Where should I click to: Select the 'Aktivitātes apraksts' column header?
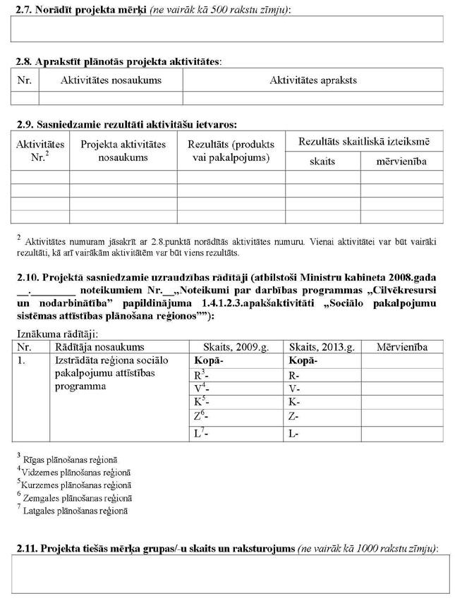[x=313, y=80]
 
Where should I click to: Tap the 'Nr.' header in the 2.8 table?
[x=25, y=80]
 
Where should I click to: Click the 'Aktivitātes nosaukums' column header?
[x=111, y=80]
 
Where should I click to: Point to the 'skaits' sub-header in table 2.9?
[x=322, y=162]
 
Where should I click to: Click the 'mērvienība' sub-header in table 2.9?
[x=401, y=162]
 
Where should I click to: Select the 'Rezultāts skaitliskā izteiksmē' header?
[x=364, y=142]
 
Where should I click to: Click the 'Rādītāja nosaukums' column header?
[x=99, y=347]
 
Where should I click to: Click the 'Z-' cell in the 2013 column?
[x=294, y=417]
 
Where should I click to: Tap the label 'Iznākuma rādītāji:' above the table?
[x=56, y=333]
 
